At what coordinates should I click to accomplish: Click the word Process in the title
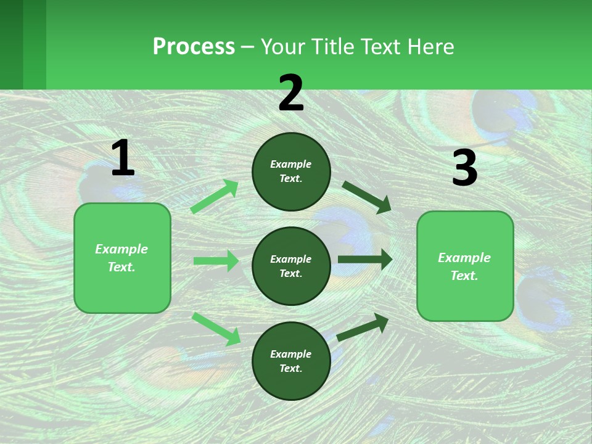pos(194,47)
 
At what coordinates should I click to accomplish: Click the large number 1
pos(123,158)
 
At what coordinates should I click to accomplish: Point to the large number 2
pos(291,93)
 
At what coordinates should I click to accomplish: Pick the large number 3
pos(464,168)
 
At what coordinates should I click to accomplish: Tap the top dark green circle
pos(291,171)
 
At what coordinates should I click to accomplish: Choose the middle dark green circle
pos(291,266)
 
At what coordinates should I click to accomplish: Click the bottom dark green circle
pos(291,361)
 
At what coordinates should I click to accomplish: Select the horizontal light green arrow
pos(216,261)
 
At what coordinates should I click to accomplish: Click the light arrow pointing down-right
pos(216,329)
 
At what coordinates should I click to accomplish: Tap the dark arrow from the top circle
pos(367,197)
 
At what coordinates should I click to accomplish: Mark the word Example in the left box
pos(121,249)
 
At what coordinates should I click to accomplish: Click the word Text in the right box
pos(464,276)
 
